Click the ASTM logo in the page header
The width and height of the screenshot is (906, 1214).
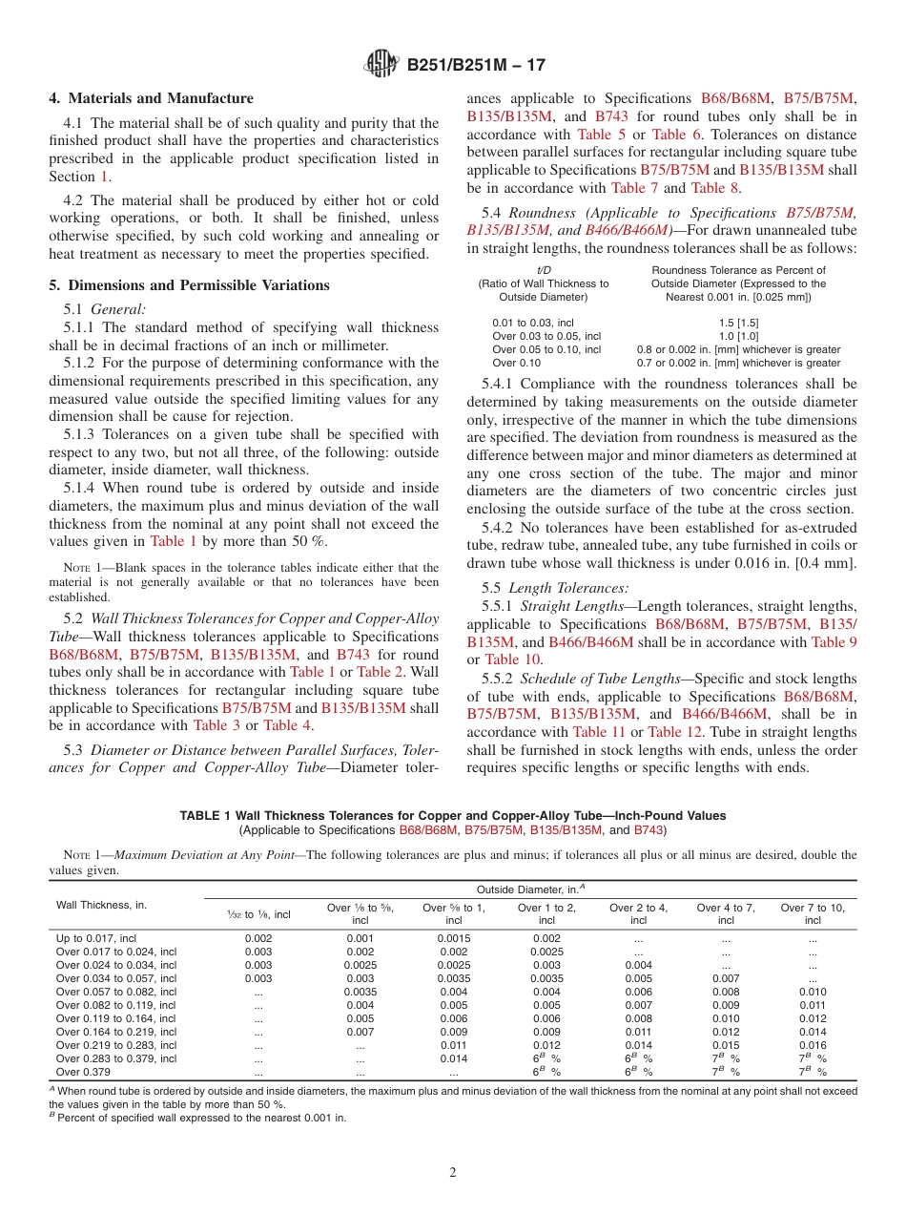[381, 65]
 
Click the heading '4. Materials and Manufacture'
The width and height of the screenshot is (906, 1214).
[152, 98]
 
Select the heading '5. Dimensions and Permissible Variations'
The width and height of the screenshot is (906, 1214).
[190, 285]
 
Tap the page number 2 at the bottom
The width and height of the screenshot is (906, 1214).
[453, 1173]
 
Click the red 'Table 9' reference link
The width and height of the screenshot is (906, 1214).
[834, 642]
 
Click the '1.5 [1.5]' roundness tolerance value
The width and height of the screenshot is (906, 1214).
[738, 324]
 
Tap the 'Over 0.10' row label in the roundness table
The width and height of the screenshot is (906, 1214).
[516, 363]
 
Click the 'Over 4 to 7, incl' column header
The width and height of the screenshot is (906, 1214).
[726, 914]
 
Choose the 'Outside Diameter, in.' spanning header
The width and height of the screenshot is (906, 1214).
[530, 889]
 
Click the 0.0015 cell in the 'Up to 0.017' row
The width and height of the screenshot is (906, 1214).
[454, 938]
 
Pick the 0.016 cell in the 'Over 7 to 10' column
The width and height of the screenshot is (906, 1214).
[813, 1045]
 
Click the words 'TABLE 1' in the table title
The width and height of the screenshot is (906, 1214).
[205, 816]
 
